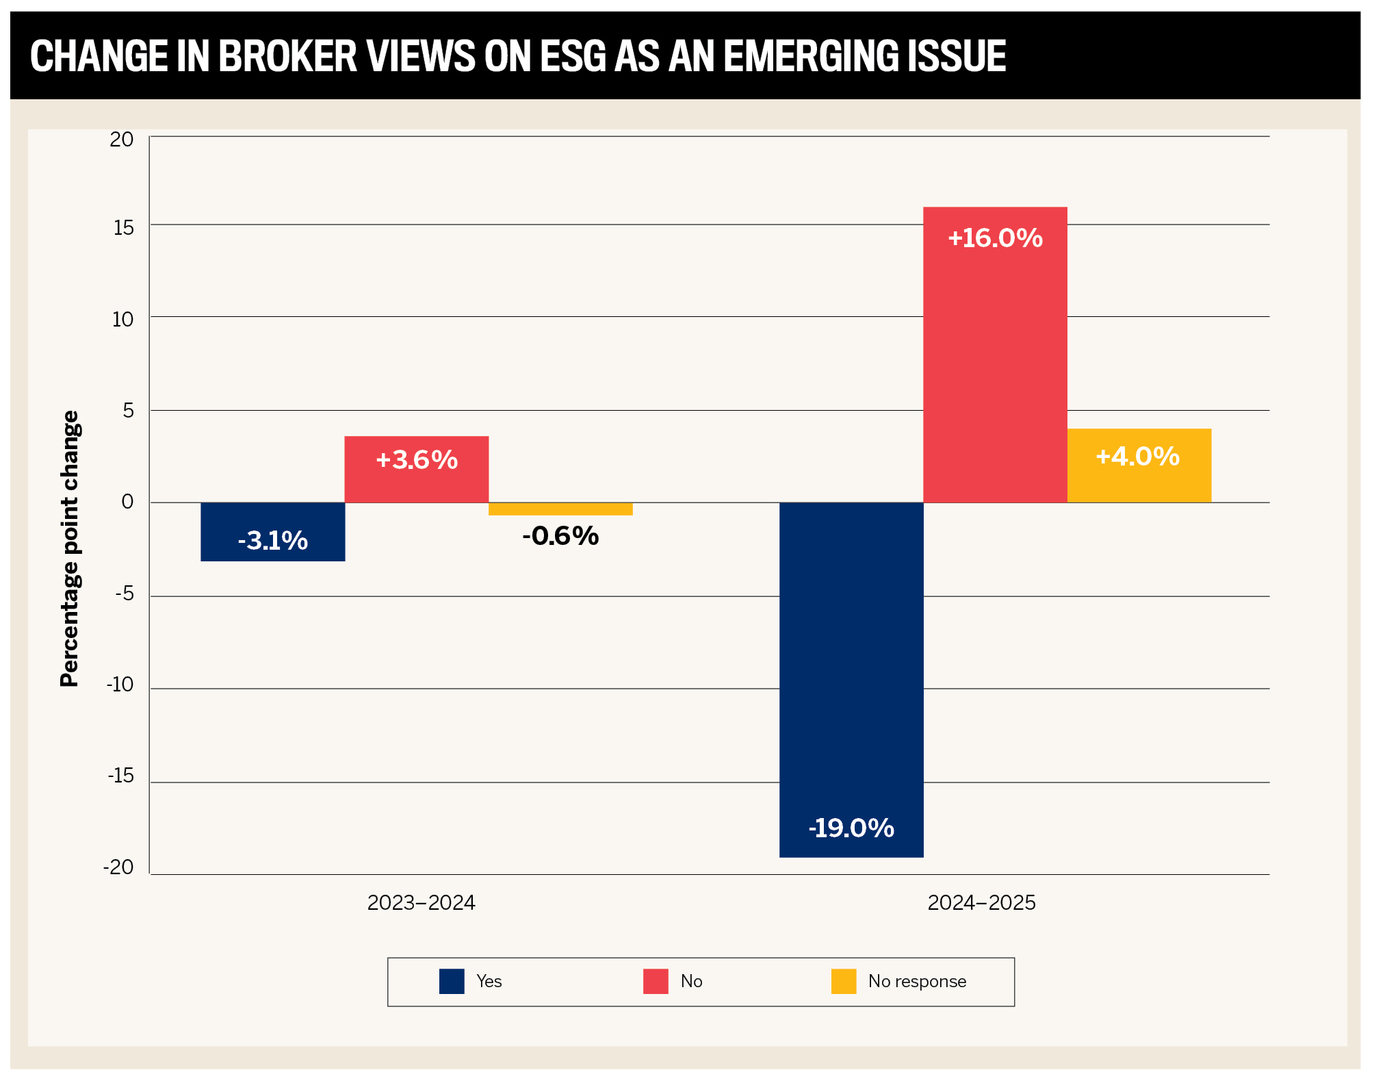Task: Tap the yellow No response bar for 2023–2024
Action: click(560, 509)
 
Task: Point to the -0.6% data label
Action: click(560, 536)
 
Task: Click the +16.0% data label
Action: click(995, 238)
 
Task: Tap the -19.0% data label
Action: click(851, 828)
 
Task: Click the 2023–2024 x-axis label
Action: click(421, 903)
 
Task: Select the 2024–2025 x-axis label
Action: click(981, 903)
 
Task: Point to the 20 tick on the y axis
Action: click(122, 140)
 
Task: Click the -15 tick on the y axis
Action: click(120, 776)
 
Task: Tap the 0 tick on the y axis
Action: click(127, 502)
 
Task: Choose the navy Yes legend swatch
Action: click(452, 981)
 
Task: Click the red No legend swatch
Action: click(656, 981)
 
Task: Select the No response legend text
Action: click(917, 981)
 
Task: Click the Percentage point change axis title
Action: click(70, 548)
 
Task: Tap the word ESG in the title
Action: click(573, 56)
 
